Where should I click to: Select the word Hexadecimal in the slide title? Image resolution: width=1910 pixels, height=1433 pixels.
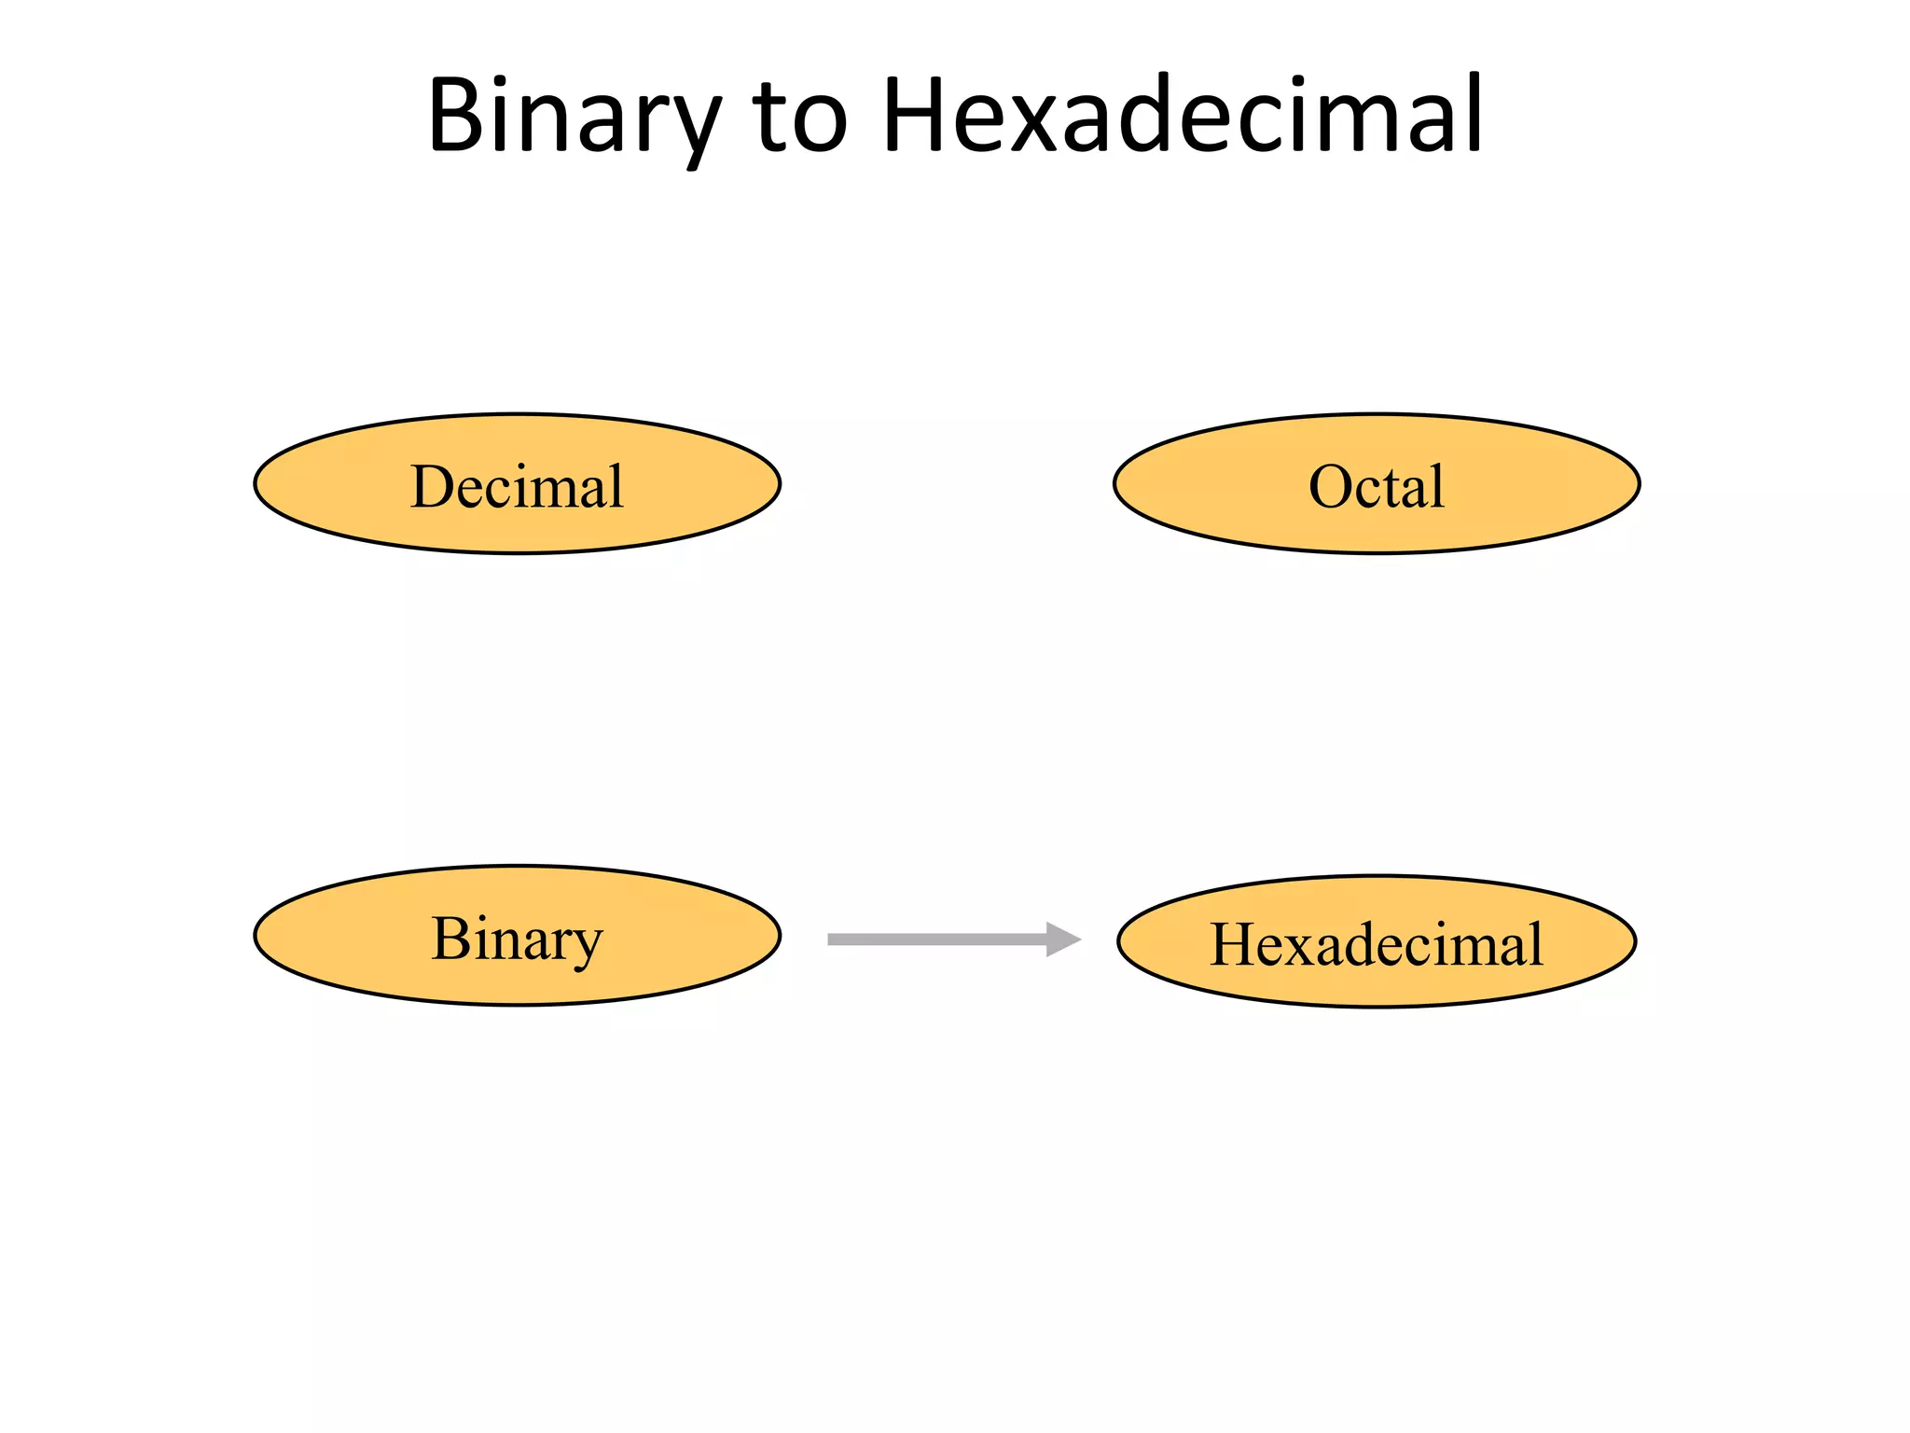point(1183,116)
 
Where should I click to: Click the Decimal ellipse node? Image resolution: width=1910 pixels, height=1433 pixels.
point(518,484)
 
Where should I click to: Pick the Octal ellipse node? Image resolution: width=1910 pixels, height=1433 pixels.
point(1377,484)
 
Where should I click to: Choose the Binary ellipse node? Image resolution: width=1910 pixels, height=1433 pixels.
point(518,936)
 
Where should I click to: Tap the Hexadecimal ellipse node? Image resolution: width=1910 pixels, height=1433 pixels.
point(1377,941)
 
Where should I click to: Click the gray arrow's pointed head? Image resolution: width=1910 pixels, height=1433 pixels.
point(1063,939)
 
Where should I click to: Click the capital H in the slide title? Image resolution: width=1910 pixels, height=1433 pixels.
point(915,116)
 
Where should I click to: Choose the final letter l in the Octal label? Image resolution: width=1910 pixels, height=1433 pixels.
point(1437,484)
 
